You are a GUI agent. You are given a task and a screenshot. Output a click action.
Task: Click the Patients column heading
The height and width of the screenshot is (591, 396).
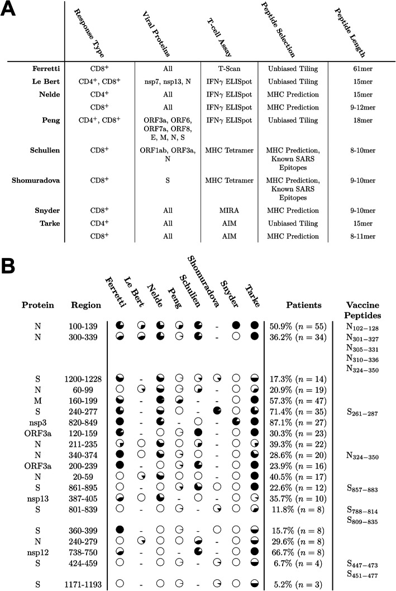tap(303, 305)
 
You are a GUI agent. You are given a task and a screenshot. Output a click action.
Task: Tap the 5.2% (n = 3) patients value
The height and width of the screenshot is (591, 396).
tap(297, 581)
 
